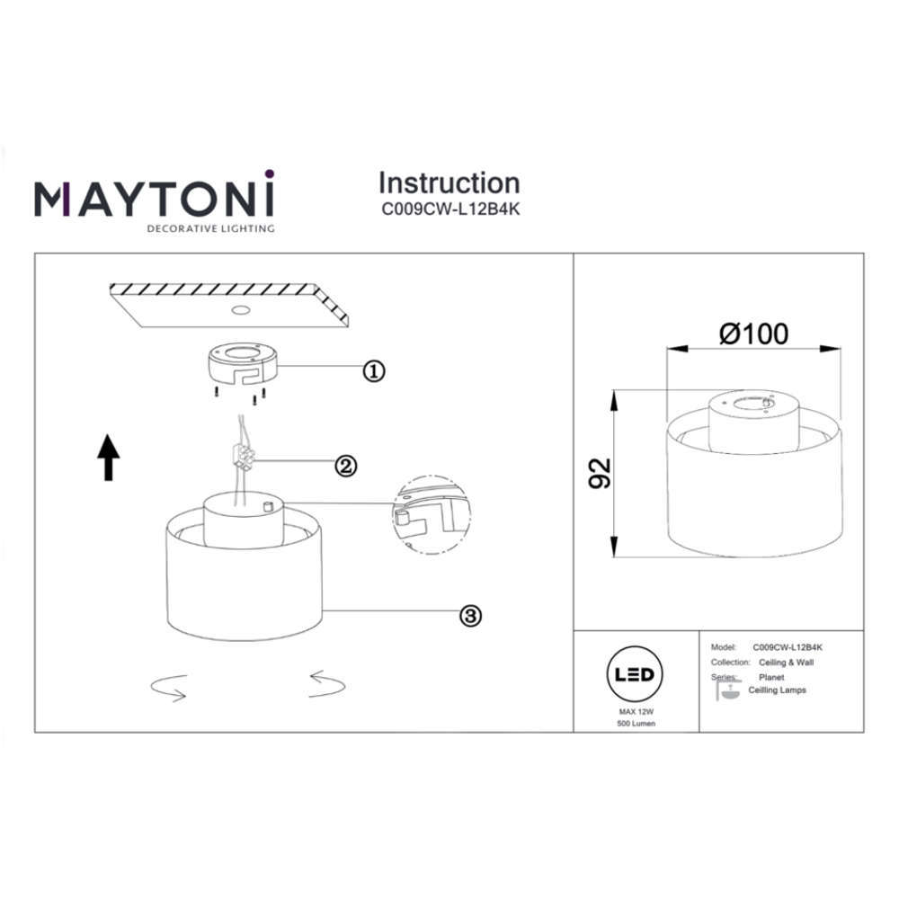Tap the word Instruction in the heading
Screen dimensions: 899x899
(449, 183)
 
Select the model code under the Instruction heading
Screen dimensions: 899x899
(450, 209)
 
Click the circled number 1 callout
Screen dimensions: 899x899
(374, 371)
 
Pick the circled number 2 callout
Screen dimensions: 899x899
(346, 466)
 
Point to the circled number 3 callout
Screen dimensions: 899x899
(471, 616)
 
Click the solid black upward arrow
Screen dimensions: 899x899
(109, 458)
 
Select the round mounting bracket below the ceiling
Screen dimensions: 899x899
(243, 363)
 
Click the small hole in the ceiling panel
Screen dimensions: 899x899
(241, 310)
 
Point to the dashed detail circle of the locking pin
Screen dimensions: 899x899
(432, 515)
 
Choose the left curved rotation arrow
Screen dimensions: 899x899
(169, 688)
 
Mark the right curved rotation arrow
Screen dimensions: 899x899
(327, 684)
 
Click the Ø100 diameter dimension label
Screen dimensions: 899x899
(754, 334)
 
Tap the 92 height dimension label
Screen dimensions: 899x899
(601, 474)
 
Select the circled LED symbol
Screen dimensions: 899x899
(634, 674)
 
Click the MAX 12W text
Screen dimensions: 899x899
(636, 711)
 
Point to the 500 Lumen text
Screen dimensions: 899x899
(636, 724)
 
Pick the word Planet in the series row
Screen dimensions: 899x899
(771, 677)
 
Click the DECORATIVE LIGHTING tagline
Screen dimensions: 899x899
(211, 228)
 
